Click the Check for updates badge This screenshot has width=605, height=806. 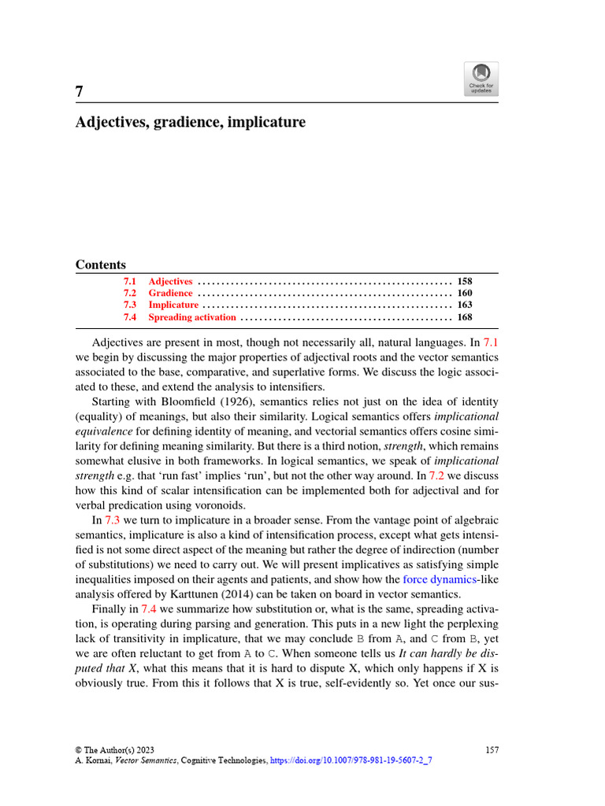click(x=481, y=79)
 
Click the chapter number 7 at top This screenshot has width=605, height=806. click(x=80, y=92)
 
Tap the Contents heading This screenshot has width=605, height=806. click(x=100, y=264)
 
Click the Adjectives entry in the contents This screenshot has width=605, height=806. click(x=170, y=281)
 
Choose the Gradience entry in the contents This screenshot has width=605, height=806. click(x=170, y=293)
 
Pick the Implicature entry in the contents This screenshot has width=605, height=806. click(x=173, y=305)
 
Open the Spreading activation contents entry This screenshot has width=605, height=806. click(x=191, y=317)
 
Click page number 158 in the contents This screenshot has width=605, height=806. click(x=464, y=281)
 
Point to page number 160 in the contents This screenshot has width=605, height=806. click(x=464, y=293)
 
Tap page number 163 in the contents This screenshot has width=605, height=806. click(x=464, y=305)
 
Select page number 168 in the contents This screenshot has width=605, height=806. click(x=464, y=317)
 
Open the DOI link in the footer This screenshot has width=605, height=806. click(x=351, y=762)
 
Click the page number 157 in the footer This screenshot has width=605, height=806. click(x=492, y=750)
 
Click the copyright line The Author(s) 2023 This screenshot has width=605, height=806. click(x=115, y=750)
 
